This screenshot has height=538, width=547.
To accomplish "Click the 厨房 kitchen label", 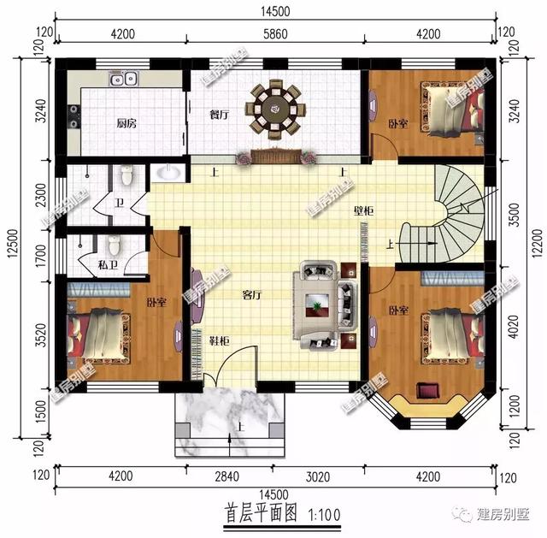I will (x=126, y=123).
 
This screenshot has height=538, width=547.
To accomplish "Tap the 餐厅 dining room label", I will (x=220, y=115).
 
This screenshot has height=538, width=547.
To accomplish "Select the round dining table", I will (x=274, y=108).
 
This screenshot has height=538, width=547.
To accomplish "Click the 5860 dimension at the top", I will (x=274, y=34).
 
